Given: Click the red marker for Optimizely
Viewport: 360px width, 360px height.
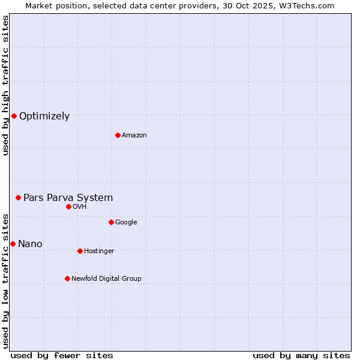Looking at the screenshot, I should point(14,116).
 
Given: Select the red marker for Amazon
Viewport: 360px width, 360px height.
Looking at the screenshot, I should point(118,135).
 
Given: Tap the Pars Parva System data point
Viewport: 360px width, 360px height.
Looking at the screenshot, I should point(18,197).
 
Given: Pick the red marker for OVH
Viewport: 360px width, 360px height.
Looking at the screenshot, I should point(68,206).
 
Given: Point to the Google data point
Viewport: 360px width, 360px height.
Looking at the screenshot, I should point(111,222).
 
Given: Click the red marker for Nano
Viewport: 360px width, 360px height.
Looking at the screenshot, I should point(13,244).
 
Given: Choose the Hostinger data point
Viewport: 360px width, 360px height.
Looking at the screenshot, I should point(80,251).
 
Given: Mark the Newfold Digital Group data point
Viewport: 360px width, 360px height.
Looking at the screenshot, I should point(67,278).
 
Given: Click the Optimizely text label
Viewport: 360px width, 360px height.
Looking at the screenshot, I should point(44,116).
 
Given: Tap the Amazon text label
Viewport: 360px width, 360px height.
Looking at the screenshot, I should point(134,136).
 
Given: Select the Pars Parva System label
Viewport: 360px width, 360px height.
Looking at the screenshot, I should point(68,198).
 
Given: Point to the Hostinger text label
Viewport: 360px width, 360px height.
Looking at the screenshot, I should point(99,251).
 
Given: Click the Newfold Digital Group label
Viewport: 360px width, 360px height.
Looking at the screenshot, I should point(106,278).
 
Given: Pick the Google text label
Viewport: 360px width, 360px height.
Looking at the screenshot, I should point(126,223).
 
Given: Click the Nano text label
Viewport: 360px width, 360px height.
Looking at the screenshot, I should point(30,244).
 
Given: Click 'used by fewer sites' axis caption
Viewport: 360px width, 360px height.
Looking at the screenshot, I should point(61,355).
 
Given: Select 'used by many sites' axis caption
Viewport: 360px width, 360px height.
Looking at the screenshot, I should point(301,355).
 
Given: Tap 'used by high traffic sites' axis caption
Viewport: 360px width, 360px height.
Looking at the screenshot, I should point(5,86).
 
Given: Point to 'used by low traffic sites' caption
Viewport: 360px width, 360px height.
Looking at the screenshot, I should point(5,280).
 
